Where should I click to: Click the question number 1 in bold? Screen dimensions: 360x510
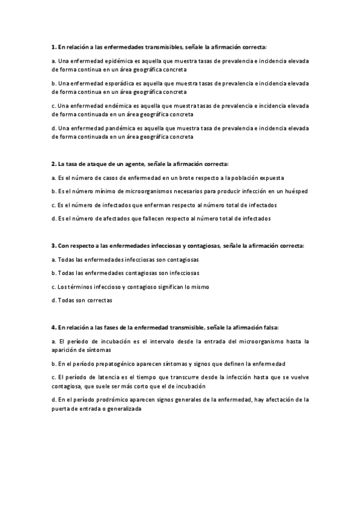(x=53, y=47)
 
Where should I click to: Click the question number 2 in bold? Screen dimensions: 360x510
(x=53, y=164)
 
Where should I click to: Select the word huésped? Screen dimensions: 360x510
(x=296, y=191)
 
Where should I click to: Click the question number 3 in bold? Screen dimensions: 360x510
(x=53, y=246)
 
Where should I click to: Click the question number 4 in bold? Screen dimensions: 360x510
(x=53, y=328)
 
